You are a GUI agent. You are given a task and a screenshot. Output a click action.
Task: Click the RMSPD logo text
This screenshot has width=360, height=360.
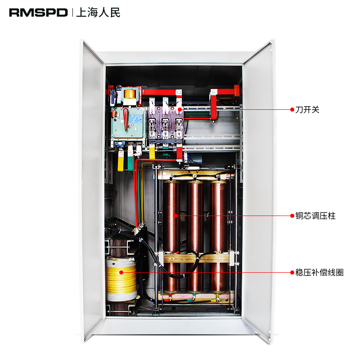click(x=38, y=13)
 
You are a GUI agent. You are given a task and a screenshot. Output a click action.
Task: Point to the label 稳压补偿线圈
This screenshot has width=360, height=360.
click(x=319, y=272)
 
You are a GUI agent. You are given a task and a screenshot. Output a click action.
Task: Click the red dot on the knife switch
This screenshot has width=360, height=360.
click(x=179, y=109)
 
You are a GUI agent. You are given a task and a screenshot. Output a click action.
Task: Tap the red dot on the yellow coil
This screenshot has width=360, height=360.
click(x=121, y=272)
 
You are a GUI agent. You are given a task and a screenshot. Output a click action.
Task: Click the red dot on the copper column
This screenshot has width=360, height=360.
click(x=176, y=216)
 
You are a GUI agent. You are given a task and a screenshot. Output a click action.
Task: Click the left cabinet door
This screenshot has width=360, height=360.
click(x=92, y=189)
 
